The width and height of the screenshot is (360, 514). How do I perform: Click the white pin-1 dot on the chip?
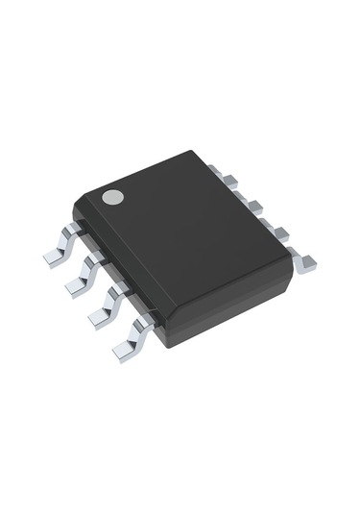(113, 198)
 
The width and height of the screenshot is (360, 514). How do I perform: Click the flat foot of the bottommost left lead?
(122, 353)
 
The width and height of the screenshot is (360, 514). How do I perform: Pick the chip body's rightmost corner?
(294, 264)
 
